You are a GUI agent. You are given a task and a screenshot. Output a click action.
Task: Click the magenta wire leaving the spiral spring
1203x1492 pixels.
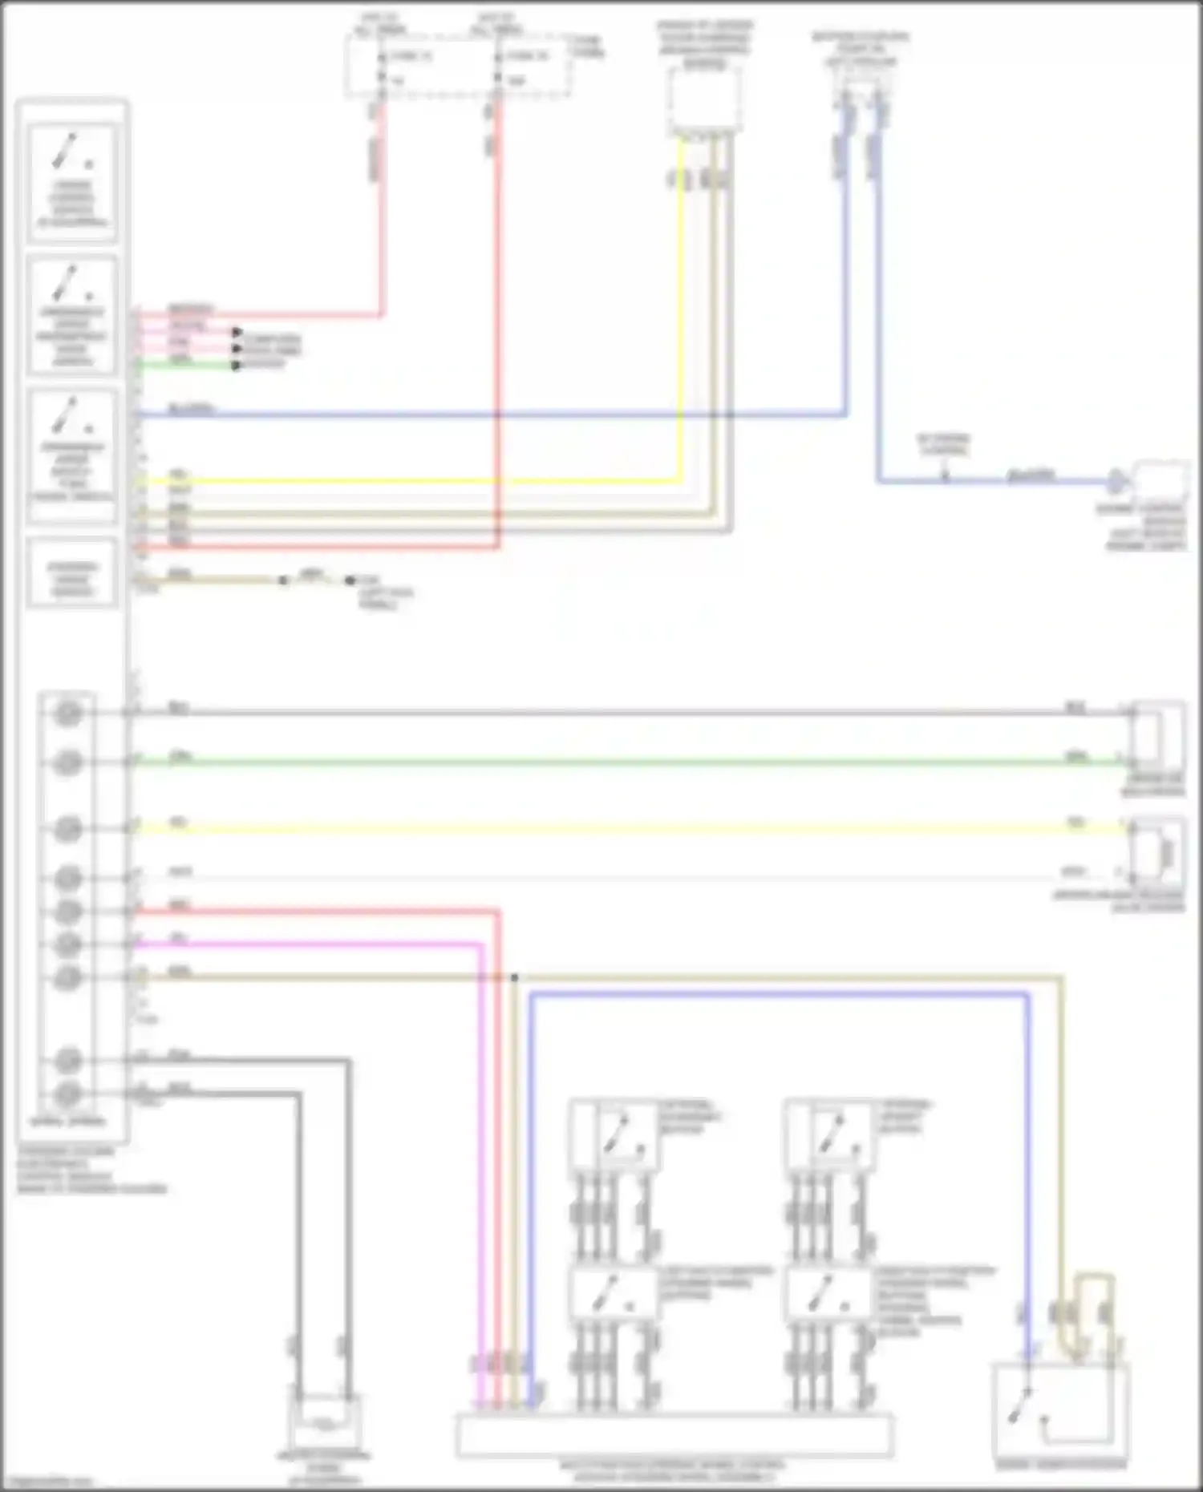321,944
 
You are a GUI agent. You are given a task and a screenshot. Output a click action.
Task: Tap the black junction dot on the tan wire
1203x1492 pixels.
514,977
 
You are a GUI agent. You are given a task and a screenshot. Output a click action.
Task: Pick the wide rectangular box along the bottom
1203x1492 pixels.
674,1435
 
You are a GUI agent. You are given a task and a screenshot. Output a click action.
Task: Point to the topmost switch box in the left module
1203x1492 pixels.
72,182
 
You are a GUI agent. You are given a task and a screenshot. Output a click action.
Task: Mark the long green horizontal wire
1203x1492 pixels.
626,762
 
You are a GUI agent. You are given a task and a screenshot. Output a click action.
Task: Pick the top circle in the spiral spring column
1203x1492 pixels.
68,713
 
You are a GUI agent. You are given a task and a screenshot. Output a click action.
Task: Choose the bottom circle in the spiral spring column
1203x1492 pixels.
68,1094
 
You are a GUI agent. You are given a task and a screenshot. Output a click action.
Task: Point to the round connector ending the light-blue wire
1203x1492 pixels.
1115,482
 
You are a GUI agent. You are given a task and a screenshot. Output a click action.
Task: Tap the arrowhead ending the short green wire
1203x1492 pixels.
237,366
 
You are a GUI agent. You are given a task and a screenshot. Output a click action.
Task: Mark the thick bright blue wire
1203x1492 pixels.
778,996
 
